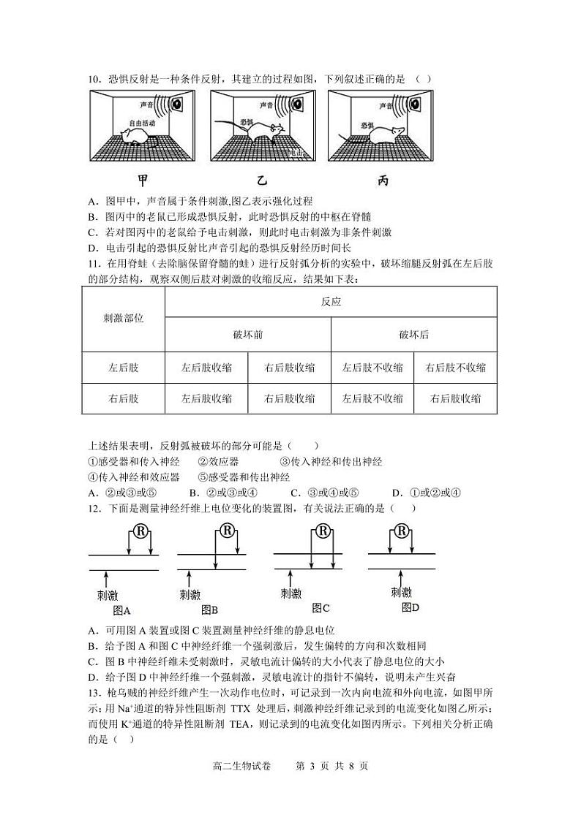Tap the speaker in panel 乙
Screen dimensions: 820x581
297,105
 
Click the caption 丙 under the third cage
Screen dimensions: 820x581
383,181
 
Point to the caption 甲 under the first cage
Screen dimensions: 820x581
145,181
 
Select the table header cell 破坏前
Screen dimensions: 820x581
248,335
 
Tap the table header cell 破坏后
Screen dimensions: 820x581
414,335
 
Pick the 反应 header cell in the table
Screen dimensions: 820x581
331,301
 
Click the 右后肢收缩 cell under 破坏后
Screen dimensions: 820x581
455,398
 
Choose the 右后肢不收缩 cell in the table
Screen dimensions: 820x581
455,368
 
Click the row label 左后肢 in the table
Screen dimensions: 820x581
124,368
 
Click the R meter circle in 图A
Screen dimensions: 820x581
138,530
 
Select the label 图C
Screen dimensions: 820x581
321,607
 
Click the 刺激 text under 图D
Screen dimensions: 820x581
401,591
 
